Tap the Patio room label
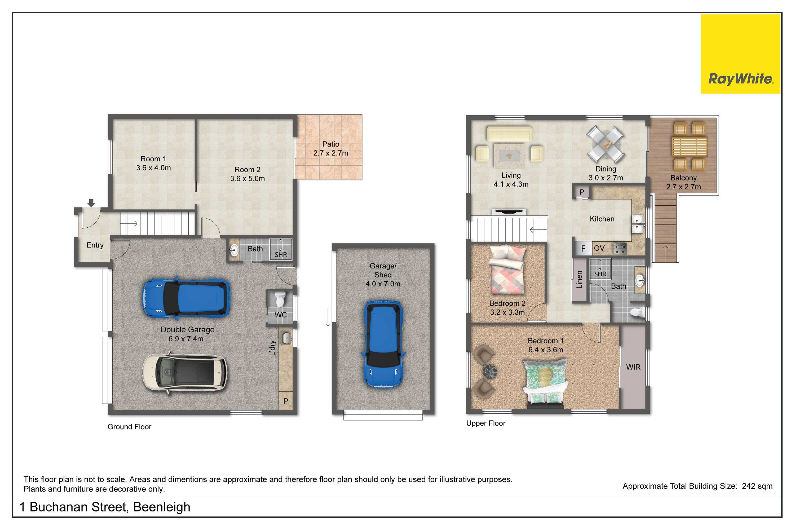(330, 144)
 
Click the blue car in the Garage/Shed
(383, 344)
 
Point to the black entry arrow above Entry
(91, 203)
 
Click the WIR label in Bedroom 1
(633, 367)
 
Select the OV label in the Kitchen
(599, 248)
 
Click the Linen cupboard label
(579, 279)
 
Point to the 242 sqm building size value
(757, 486)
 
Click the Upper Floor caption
(486, 423)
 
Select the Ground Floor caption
(130, 427)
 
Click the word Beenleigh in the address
(162, 507)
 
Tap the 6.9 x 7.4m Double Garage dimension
(186, 339)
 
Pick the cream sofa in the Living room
(509, 134)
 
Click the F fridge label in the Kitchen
(583, 249)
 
